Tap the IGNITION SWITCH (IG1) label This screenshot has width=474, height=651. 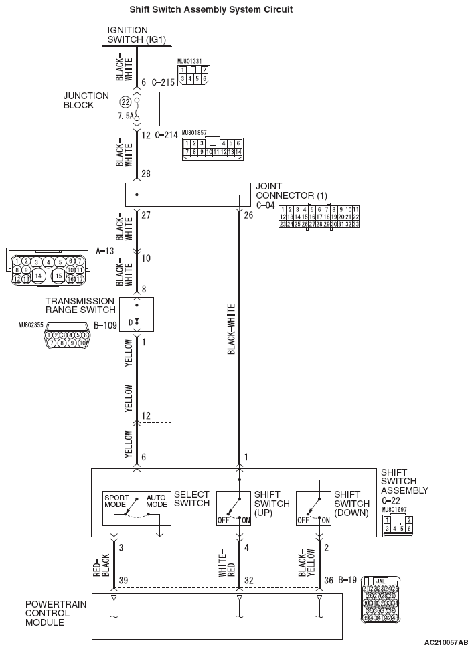[x=137, y=35]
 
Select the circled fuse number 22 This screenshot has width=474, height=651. [x=125, y=102]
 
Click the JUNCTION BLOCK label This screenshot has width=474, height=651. [x=86, y=100]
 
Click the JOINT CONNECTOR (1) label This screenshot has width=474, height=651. [x=287, y=191]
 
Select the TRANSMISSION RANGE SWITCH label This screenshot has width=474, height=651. [x=80, y=305]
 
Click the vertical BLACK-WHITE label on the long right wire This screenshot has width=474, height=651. [x=231, y=329]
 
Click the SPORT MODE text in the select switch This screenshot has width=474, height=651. [x=116, y=500]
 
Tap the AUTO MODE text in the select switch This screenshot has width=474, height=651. [x=156, y=500]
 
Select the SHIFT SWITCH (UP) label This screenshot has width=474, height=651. [x=272, y=504]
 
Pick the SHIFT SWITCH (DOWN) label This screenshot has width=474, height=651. [x=351, y=504]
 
